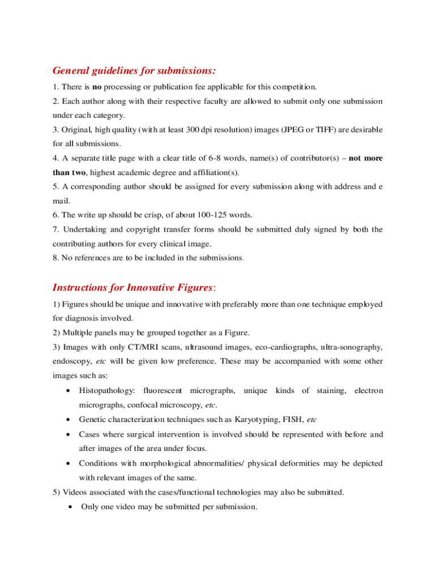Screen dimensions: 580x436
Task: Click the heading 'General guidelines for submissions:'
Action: [134, 71]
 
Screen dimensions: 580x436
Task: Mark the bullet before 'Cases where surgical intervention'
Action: [68, 435]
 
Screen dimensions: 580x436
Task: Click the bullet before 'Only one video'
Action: [68, 507]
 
